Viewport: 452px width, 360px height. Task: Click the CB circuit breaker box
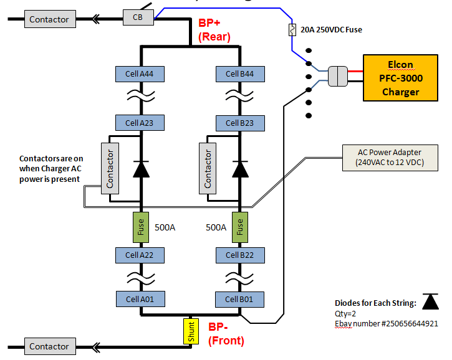(138, 17)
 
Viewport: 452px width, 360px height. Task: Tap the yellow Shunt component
(191, 331)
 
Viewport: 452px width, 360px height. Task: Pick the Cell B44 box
(239, 74)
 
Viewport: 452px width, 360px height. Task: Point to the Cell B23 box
(239, 123)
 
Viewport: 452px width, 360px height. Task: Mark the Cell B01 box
(239, 299)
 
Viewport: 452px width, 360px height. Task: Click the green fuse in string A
(141, 227)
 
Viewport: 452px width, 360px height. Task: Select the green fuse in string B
(239, 227)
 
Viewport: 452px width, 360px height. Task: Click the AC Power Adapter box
(390, 158)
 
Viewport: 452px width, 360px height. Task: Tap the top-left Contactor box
(49, 19)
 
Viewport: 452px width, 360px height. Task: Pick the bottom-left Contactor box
(49, 346)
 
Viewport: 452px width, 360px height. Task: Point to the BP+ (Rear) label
(214, 30)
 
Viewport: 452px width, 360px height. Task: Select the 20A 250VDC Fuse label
(331, 29)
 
